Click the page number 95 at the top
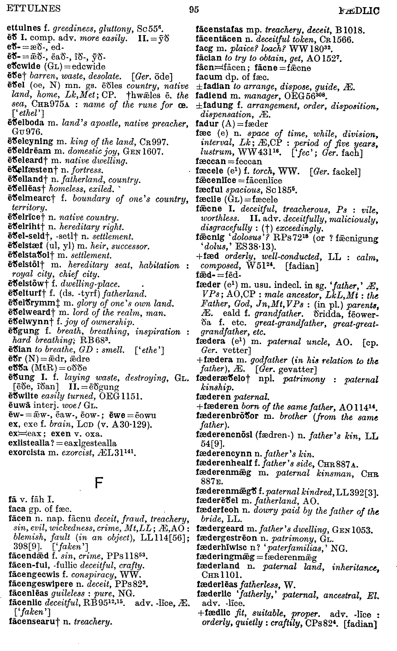pyautogui.click(x=194, y=10)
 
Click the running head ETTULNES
pyautogui.click(x=33, y=9)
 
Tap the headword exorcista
pyautogui.click(x=27, y=453)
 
